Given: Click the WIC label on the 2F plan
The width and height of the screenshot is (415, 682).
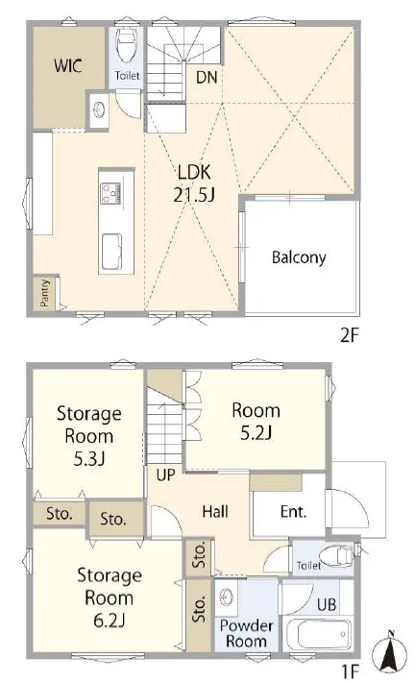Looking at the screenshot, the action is point(68,65).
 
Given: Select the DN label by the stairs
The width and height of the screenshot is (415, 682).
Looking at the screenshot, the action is point(207,77).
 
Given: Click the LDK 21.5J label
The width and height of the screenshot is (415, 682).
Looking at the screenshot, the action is point(194,183).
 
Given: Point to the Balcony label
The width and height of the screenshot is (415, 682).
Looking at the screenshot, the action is point(299,257).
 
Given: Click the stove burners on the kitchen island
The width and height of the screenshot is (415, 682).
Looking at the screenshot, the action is point(110,193).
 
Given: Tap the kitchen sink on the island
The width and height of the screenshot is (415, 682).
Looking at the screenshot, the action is point(111,252).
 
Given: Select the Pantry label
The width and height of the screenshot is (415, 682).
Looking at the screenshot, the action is point(45,293).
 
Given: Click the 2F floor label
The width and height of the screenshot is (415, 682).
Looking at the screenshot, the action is point(349,335).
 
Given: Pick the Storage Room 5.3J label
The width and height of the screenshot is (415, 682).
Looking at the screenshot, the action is point(89,436).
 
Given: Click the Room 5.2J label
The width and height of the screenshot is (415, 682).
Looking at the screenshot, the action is point(256,421).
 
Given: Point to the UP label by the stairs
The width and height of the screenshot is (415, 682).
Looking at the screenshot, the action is point(165,475).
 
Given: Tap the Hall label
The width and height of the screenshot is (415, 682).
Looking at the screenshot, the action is point(215,511).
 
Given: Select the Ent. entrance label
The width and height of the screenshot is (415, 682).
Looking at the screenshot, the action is point(293,511).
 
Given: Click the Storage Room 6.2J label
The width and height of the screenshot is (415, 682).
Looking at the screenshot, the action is point(110,597).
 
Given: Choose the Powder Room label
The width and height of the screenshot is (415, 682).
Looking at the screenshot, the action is point(246,633).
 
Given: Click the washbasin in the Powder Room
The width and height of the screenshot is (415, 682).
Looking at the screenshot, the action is point(226,596).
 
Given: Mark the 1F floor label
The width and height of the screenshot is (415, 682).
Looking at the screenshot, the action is point(351,672).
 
